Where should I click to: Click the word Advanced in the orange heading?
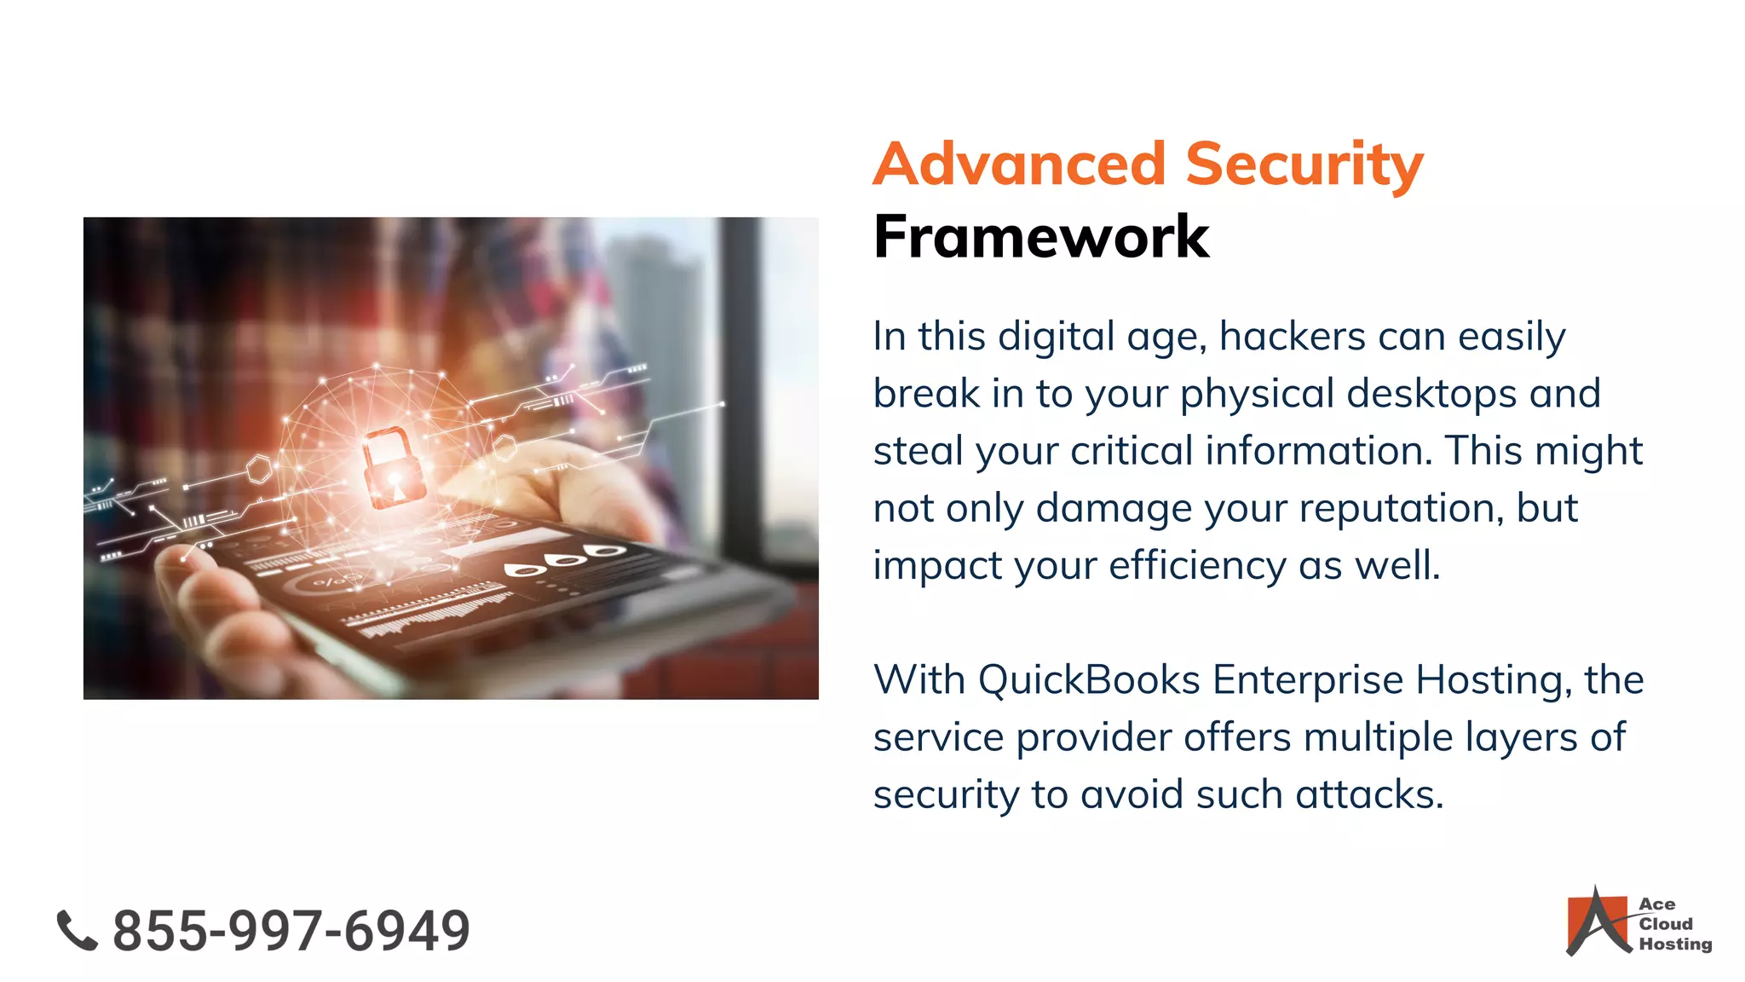tap(1019, 164)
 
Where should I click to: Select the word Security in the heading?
tap(1304, 164)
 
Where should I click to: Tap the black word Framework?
tap(1040, 236)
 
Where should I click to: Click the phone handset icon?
tap(77, 930)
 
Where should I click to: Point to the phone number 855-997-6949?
tap(291, 930)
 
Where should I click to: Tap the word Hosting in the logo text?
tap(1675, 944)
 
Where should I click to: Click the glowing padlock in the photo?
tap(394, 467)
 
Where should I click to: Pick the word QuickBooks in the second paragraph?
tap(1088, 680)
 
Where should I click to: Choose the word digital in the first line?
tap(1056, 336)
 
